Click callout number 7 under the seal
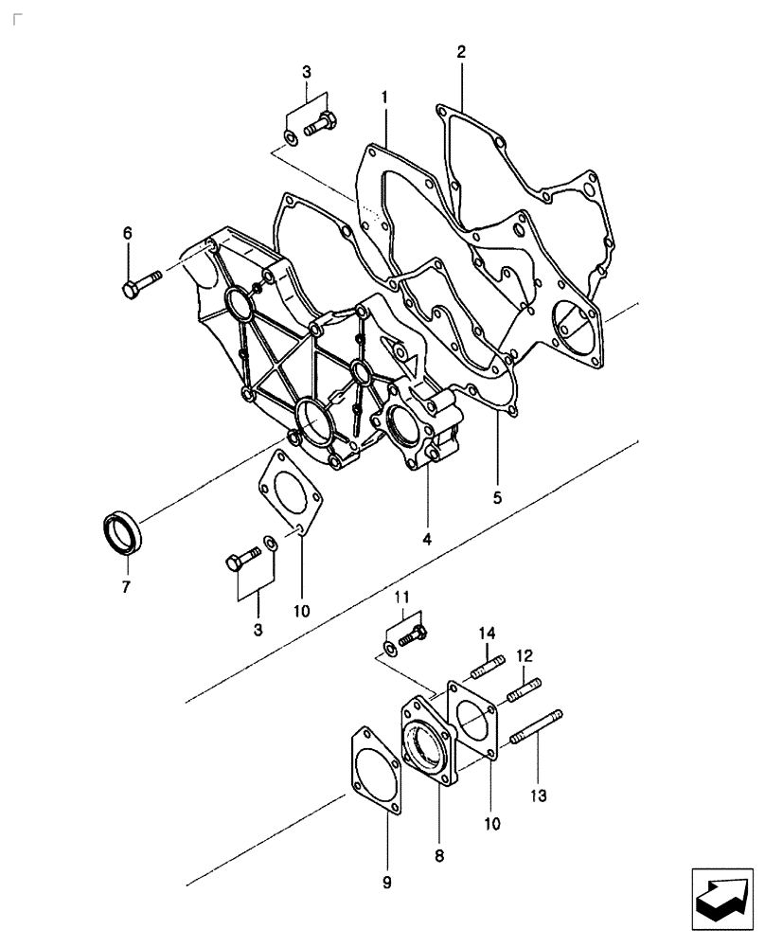coord(125,586)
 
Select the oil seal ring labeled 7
coord(123,532)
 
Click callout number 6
coord(128,233)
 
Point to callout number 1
coord(385,98)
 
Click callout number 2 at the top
coord(461,51)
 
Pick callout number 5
coord(497,495)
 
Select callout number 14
coord(487,633)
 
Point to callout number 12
coord(525,654)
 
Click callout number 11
coord(401,597)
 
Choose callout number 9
coord(386,883)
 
